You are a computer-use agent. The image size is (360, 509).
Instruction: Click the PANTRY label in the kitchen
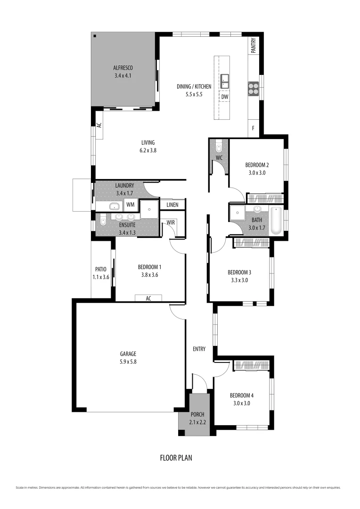tap(254, 45)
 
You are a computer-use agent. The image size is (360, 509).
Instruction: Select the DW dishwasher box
tap(225, 97)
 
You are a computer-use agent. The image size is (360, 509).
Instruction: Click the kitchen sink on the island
tap(224, 81)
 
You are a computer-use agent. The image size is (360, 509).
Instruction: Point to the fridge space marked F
tap(253, 128)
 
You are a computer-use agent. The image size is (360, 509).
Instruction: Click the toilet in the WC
tap(219, 148)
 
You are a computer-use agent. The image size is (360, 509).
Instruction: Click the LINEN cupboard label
tap(172, 205)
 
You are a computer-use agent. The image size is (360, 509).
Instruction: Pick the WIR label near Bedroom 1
tap(171, 222)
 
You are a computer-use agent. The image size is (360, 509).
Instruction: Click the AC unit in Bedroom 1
tap(148, 298)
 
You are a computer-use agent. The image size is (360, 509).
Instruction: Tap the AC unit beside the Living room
tap(99, 125)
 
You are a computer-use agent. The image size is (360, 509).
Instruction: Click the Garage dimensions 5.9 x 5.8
tap(128, 362)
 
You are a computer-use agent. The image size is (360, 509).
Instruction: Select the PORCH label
tap(197, 415)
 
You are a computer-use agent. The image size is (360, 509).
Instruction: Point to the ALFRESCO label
tap(123, 68)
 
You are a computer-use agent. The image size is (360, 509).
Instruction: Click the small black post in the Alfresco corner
tap(95, 36)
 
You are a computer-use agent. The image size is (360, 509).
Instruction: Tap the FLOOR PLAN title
tap(176, 458)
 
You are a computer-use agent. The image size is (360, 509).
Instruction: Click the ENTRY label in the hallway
tap(199, 349)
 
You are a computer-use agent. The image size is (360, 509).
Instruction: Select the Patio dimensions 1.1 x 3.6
tap(101, 277)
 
